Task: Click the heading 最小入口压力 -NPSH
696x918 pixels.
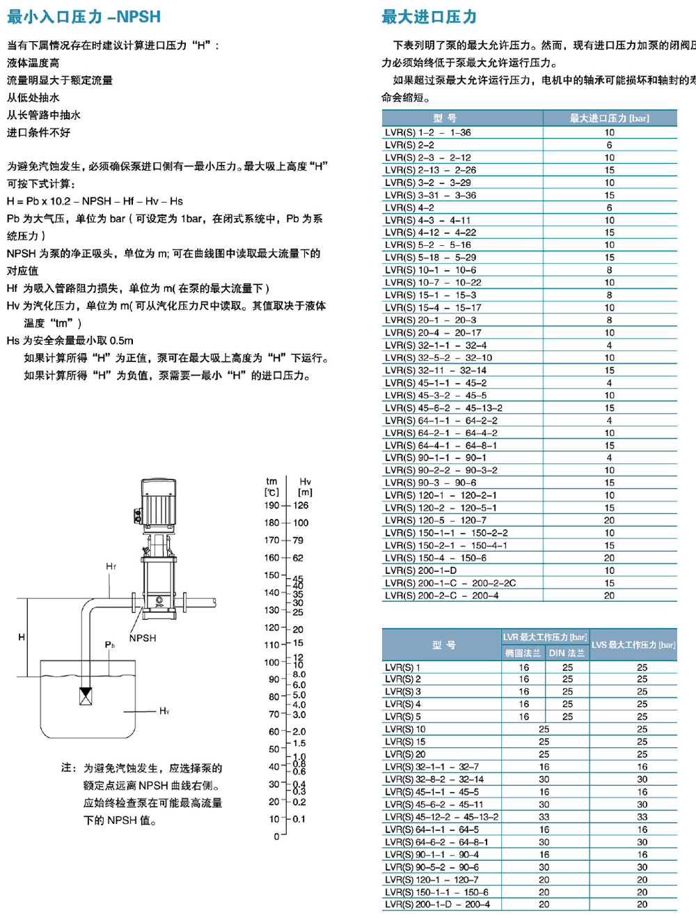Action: coord(84,17)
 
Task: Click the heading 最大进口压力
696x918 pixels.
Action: coord(429,17)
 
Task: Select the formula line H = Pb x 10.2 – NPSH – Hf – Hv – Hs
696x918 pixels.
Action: coord(95,201)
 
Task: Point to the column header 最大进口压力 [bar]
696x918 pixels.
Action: coord(609,118)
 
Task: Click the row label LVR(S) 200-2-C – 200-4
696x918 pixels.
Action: coord(441,596)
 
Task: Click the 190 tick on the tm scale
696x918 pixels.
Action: coord(271,506)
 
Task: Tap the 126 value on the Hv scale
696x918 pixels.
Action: coord(301,506)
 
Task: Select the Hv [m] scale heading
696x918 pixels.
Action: coord(305,487)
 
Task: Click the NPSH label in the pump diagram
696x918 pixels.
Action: coord(143,638)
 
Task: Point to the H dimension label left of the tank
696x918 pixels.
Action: coord(22,637)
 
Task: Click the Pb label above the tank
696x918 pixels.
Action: coord(110,645)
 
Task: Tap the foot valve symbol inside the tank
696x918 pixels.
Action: coord(86,696)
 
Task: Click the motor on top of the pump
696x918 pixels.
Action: coord(158,500)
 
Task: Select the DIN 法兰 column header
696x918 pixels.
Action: coord(567,653)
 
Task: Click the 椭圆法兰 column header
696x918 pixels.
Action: coord(523,653)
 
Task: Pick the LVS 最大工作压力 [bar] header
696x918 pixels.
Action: coord(633,645)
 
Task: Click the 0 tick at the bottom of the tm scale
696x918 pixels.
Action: coord(276,836)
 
